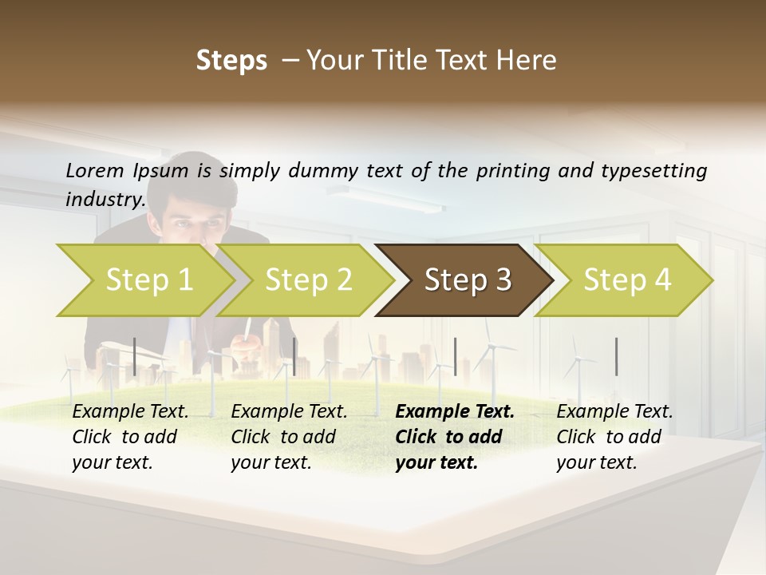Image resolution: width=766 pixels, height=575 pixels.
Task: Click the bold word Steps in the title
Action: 231,61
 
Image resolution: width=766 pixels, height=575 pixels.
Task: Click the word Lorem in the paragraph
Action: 94,170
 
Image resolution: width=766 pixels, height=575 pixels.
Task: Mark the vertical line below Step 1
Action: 135,356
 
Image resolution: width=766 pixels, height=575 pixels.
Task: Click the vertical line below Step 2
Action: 295,356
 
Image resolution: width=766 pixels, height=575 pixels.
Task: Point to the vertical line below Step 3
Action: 455,356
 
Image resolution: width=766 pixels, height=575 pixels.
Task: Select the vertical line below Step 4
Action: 616,356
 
